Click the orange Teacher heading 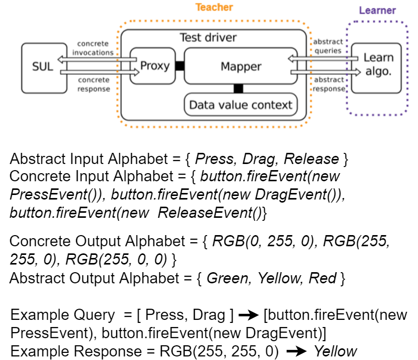pyautogui.click(x=214, y=7)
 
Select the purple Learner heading pyautogui.click(x=377, y=10)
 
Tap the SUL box pyautogui.click(x=44, y=67)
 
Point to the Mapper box pyautogui.click(x=240, y=67)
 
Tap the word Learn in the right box pyautogui.click(x=378, y=57)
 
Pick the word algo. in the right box pyautogui.click(x=378, y=72)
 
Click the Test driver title pyautogui.click(x=208, y=38)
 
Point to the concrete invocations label pyautogui.click(x=93, y=48)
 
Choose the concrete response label pyautogui.click(x=93, y=84)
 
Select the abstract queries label pyautogui.click(x=328, y=46)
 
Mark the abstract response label pyautogui.click(x=328, y=84)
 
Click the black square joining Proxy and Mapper pyautogui.click(x=180, y=66)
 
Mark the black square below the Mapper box pyautogui.click(x=238, y=89)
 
